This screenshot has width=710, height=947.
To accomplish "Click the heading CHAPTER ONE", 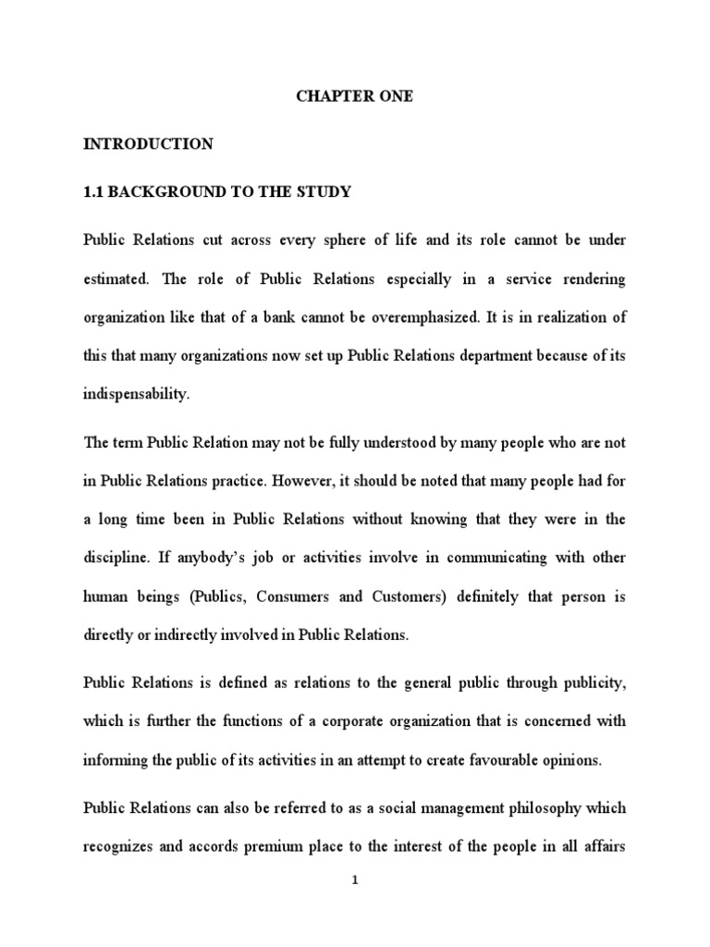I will click(x=354, y=97).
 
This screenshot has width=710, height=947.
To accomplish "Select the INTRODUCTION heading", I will click(x=148, y=144).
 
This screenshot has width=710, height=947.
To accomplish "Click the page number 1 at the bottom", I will click(x=354, y=906).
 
